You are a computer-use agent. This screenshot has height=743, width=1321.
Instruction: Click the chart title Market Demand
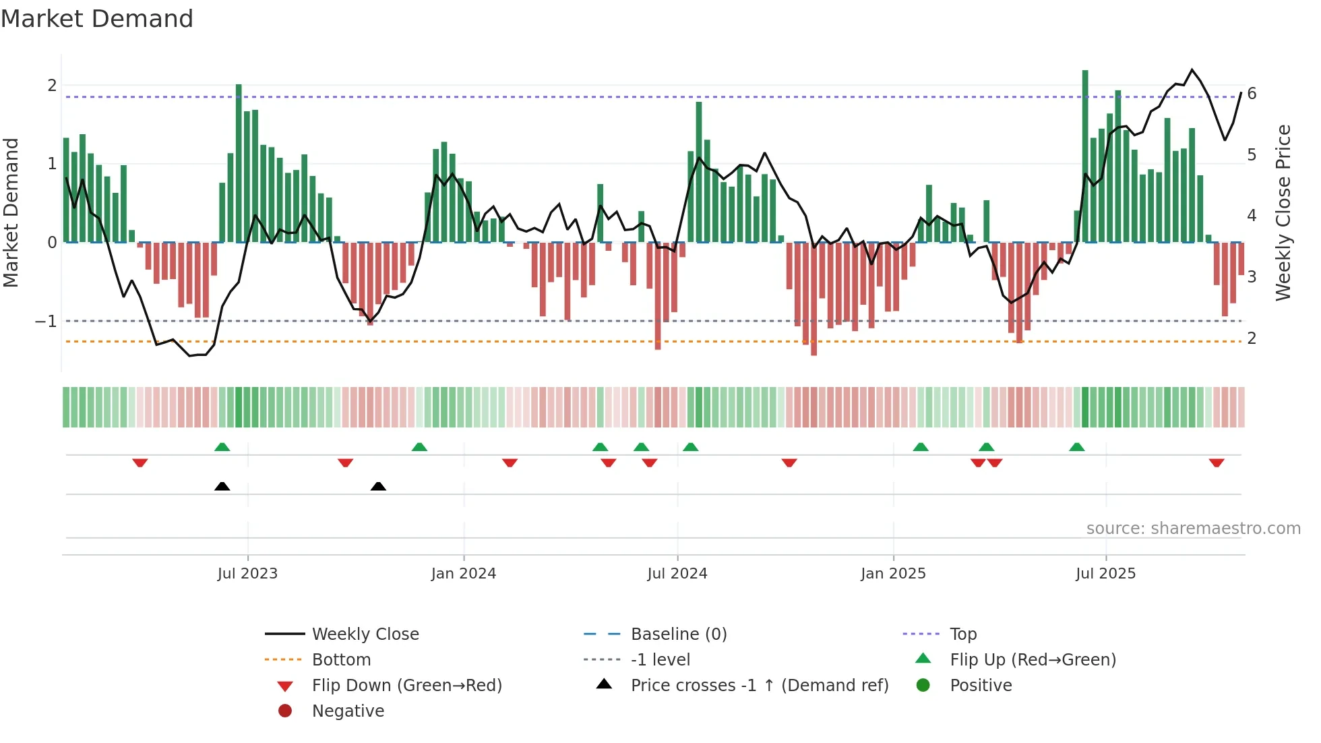coord(97,19)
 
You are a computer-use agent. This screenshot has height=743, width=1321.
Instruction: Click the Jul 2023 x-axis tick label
coord(247,574)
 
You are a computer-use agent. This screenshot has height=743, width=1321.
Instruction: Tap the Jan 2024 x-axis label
coord(463,574)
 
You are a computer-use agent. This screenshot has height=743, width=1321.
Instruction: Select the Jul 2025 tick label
coord(1105,574)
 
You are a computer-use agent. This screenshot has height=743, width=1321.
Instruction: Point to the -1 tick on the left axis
coord(46,322)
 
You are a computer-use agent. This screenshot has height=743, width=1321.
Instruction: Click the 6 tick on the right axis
coord(1252,94)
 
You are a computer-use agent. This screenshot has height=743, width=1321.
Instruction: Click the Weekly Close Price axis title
coord(1283,212)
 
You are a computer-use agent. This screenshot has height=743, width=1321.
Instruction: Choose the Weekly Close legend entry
coord(365,634)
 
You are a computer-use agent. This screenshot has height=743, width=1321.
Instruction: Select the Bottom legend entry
coord(341,660)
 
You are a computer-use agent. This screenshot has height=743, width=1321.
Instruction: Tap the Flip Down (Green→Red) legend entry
coord(406,686)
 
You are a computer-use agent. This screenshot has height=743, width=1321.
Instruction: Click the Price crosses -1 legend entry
coord(759,686)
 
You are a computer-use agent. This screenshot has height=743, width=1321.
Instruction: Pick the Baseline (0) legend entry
coord(678,634)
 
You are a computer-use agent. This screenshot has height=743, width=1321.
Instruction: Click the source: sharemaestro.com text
coord(1193,529)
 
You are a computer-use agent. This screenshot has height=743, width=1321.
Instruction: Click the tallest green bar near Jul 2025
coord(1085,155)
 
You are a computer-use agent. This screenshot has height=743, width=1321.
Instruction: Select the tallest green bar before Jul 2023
coord(239,162)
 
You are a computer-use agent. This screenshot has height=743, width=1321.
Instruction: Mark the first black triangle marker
coord(222,487)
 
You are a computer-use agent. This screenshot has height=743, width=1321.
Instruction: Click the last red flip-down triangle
coord(1216,463)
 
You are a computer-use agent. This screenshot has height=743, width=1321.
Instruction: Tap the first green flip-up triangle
coord(222,447)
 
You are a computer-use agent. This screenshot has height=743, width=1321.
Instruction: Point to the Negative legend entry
coord(348,711)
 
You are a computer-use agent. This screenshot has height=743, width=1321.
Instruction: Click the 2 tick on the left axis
coord(52,86)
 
